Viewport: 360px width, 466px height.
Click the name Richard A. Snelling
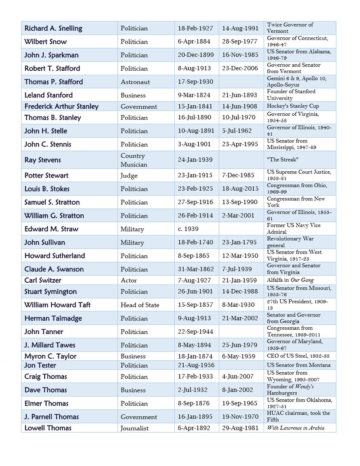(53, 28)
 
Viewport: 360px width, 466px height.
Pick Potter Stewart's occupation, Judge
(129, 176)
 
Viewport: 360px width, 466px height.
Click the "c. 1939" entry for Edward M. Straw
(188, 229)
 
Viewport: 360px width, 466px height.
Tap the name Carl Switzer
(43, 280)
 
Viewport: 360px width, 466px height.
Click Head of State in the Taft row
(140, 305)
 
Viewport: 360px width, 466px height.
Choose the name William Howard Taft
(57, 305)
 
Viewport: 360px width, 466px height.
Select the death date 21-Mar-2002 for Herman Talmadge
(240, 318)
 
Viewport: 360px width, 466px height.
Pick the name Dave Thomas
(45, 390)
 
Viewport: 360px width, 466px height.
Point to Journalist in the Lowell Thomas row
(134, 428)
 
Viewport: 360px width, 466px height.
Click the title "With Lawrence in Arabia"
(296, 428)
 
